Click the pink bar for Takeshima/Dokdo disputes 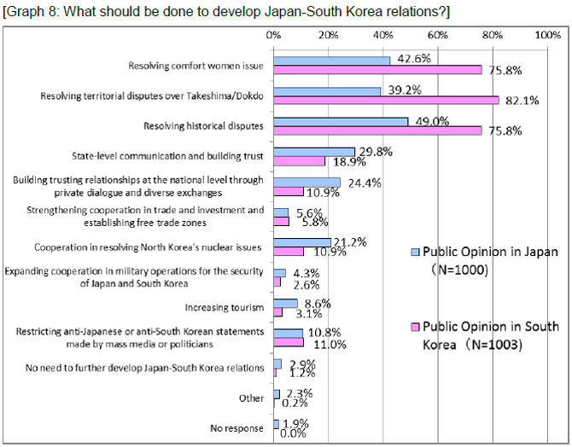(386, 101)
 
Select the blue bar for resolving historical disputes (341, 122)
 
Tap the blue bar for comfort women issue (332, 61)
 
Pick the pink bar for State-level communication (300, 161)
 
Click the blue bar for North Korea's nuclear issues (302, 243)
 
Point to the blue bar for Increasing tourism (285, 303)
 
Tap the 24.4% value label (363, 183)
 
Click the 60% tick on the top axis (437, 35)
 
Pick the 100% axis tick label (546, 35)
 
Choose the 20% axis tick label (328, 35)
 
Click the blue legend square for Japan (416, 253)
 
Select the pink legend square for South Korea (416, 327)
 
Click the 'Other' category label (253, 398)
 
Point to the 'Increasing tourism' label (225, 307)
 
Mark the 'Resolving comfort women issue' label (196, 66)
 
